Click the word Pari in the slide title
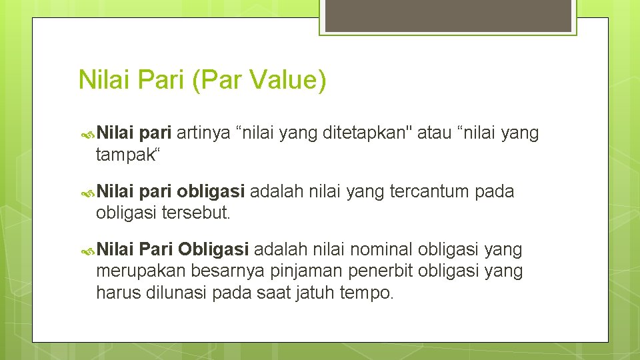[x=158, y=80]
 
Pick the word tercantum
[x=431, y=193]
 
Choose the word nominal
[x=382, y=250]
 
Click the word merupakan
[x=141, y=271]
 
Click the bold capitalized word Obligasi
[x=213, y=250]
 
